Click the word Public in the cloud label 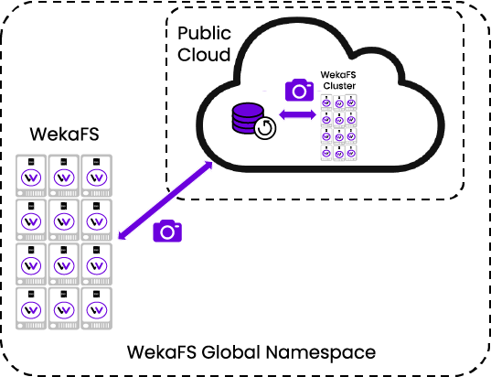(x=204, y=34)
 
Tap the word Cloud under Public (x=204, y=54)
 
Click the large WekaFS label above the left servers (x=65, y=134)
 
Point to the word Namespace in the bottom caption (x=321, y=352)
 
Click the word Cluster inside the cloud (x=339, y=85)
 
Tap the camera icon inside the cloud (x=299, y=90)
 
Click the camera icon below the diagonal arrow (x=167, y=231)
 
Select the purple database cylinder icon (x=248, y=118)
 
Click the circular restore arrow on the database (x=265, y=128)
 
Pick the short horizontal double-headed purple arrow (x=297, y=114)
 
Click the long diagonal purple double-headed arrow (x=165, y=200)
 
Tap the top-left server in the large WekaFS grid (x=31, y=176)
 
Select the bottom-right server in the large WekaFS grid (x=96, y=308)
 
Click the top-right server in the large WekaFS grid (x=96, y=176)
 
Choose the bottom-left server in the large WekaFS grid (x=31, y=308)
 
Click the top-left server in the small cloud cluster (x=326, y=102)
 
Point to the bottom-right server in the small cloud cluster (x=351, y=153)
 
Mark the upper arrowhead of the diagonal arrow (x=208, y=165)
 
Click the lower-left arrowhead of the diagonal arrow (x=123, y=236)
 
